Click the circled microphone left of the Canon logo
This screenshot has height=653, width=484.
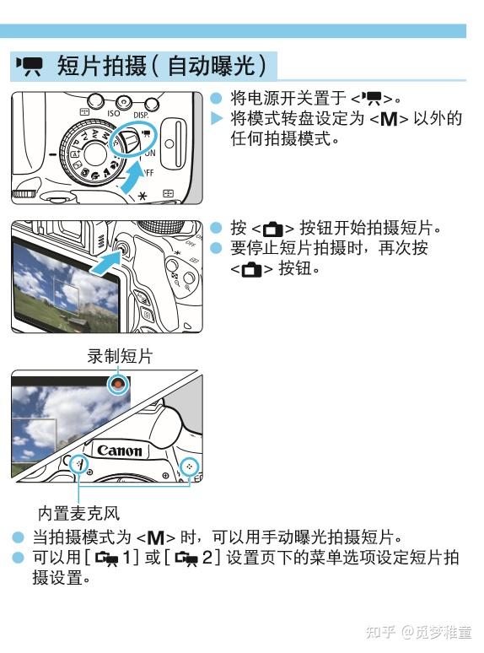(78, 464)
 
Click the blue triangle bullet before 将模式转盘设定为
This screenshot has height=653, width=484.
(216, 117)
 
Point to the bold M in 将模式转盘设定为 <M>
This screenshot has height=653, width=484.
(387, 119)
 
